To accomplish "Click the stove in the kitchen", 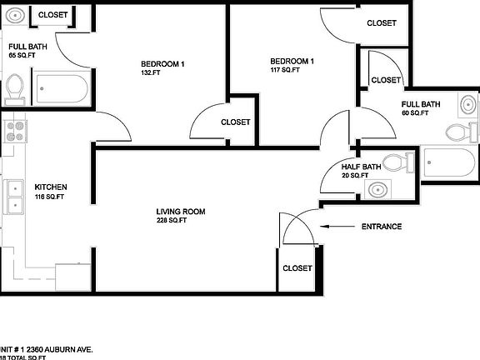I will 13,130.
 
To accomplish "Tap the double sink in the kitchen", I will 14,197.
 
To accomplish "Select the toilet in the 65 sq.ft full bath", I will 14,86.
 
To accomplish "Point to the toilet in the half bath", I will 408,162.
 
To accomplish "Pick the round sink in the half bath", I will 377,190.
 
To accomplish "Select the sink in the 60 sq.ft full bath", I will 468,106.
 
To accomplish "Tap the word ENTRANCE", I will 381,227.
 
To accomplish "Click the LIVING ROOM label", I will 181,212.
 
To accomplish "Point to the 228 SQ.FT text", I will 172,221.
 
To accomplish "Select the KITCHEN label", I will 50,187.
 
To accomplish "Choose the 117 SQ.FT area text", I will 284,70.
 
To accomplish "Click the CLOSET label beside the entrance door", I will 297,268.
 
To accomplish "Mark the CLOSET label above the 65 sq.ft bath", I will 53,15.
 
